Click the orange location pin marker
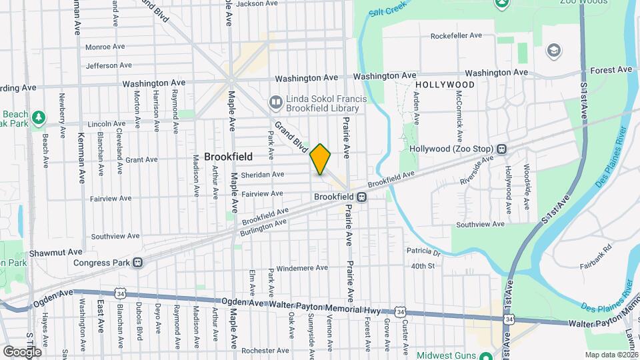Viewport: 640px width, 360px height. coord(321,159)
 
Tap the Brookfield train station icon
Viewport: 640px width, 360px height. coord(361,197)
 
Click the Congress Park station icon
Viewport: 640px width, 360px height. coord(137,262)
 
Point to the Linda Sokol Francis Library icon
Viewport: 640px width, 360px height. coord(275,102)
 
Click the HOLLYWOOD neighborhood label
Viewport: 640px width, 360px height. coord(445,85)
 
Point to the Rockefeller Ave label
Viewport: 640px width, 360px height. coord(456,36)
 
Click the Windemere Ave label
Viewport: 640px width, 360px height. coord(303,268)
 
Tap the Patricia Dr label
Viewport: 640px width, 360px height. coord(424,253)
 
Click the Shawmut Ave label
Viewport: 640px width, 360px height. coord(55,253)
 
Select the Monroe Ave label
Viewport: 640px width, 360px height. coord(105,47)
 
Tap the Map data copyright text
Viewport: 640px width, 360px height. coord(611,355)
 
